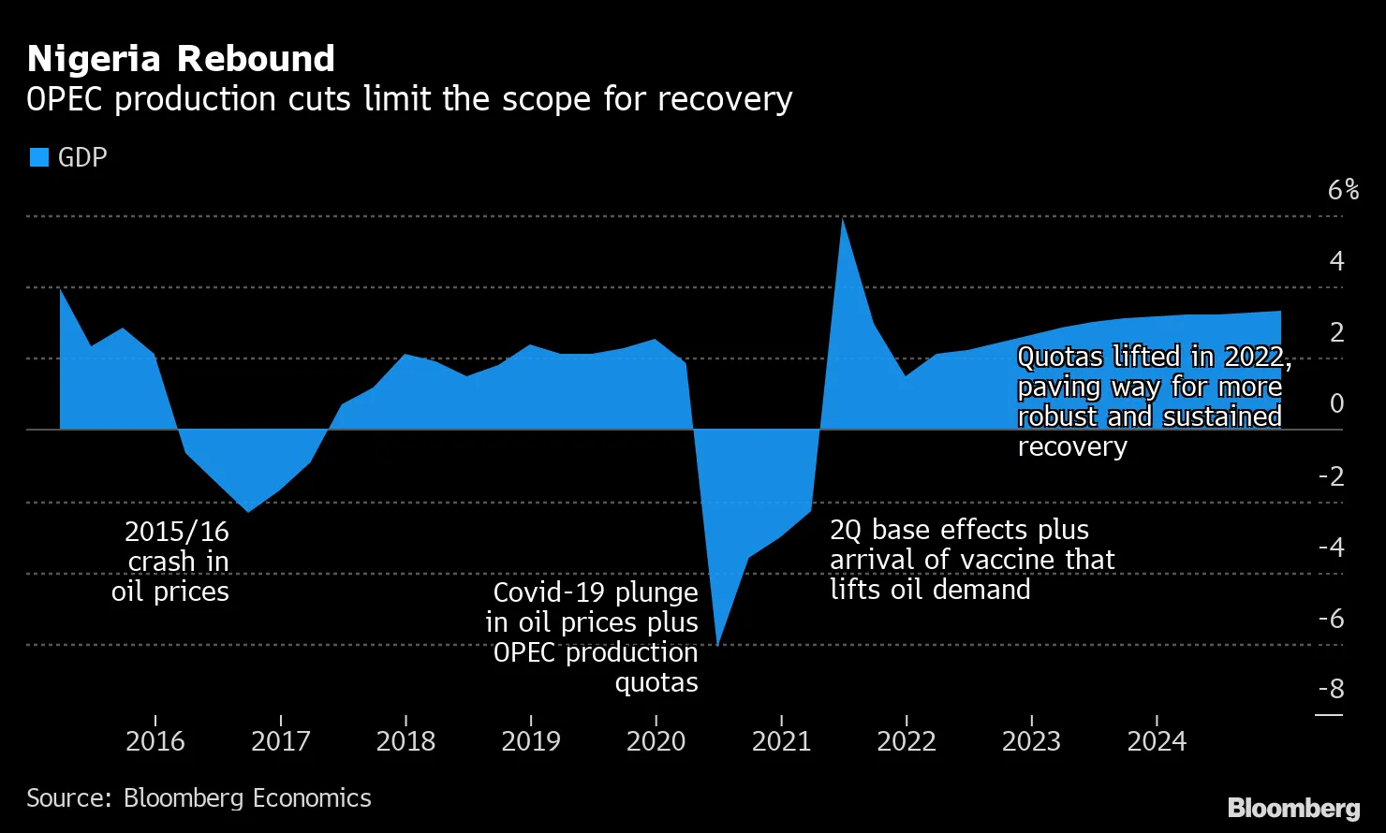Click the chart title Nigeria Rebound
point(181,59)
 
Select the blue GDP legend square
point(38,157)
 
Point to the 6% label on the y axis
point(1343,190)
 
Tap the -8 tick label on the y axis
point(1331,689)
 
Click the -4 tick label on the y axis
point(1331,547)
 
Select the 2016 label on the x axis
point(155,741)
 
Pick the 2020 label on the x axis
point(656,741)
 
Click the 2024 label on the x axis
point(1157,741)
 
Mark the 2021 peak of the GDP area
point(843,220)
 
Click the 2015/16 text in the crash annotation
point(177,532)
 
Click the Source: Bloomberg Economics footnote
point(199,797)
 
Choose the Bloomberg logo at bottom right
point(1293,808)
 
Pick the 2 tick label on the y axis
point(1336,332)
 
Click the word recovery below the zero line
point(1072,446)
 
